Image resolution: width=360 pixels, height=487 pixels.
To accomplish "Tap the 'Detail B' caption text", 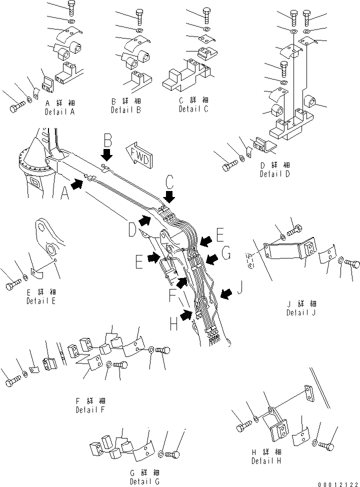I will click(126, 109).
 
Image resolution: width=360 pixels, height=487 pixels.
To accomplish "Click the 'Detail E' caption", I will click(41, 301).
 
